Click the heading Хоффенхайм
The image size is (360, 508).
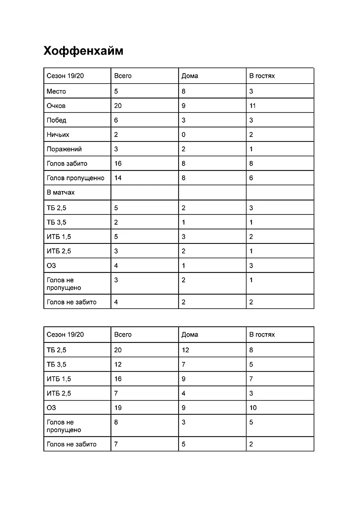click(x=83, y=51)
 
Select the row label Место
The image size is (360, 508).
click(x=56, y=91)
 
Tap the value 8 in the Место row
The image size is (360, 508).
click(x=183, y=91)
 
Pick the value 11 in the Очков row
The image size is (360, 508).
click(x=252, y=106)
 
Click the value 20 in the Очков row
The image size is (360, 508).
click(x=118, y=106)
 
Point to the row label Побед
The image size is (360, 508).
click(x=56, y=120)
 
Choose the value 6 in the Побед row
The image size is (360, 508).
click(x=116, y=120)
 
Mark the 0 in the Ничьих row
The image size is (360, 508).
click(x=183, y=135)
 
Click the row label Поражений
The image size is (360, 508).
click(x=64, y=149)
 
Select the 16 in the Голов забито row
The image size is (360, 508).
click(x=118, y=164)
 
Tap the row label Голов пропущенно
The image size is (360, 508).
click(x=75, y=178)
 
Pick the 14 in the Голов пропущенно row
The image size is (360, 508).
click(x=118, y=178)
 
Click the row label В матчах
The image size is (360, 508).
click(x=61, y=193)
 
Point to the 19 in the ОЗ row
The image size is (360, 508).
click(x=118, y=407)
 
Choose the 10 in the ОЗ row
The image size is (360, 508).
click(x=253, y=407)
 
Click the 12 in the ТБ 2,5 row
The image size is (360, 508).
click(x=185, y=350)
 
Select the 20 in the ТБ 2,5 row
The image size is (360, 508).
click(x=118, y=350)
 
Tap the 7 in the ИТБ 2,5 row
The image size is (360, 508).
click(x=116, y=393)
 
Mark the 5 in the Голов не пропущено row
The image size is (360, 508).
click(x=251, y=422)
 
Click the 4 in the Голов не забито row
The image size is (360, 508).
click(x=116, y=302)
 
